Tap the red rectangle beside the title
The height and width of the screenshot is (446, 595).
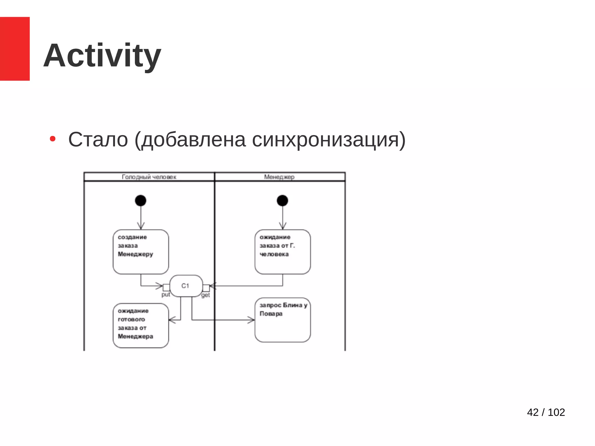pyautogui.click(x=15, y=48)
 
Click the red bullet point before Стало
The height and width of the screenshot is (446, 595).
pyautogui.click(x=53, y=139)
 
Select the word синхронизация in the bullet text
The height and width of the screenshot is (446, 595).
pyautogui.click(x=325, y=140)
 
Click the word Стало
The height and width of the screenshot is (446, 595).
pyautogui.click(x=98, y=140)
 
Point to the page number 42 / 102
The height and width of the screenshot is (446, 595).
pyautogui.click(x=546, y=412)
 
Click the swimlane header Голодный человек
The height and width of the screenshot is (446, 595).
pyautogui.click(x=149, y=177)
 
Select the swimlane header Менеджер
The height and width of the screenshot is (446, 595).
pyautogui.click(x=279, y=177)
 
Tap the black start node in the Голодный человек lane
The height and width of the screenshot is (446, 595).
pyautogui.click(x=141, y=200)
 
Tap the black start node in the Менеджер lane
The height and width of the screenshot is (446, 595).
pyautogui.click(x=282, y=200)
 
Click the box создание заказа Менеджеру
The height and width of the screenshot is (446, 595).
pyautogui.click(x=141, y=252)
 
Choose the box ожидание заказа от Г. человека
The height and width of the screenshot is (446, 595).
pyautogui.click(x=282, y=252)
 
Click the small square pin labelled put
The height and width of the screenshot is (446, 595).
pyautogui.click(x=166, y=287)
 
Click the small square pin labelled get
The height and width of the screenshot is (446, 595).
pyautogui.click(x=206, y=288)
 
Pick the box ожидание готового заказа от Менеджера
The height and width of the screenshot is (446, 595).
pyautogui.click(x=141, y=325)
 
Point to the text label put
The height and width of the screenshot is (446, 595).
pyautogui.click(x=166, y=295)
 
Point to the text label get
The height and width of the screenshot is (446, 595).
pyautogui.click(x=206, y=295)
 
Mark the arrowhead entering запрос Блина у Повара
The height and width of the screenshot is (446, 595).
pyautogui.click(x=252, y=320)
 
